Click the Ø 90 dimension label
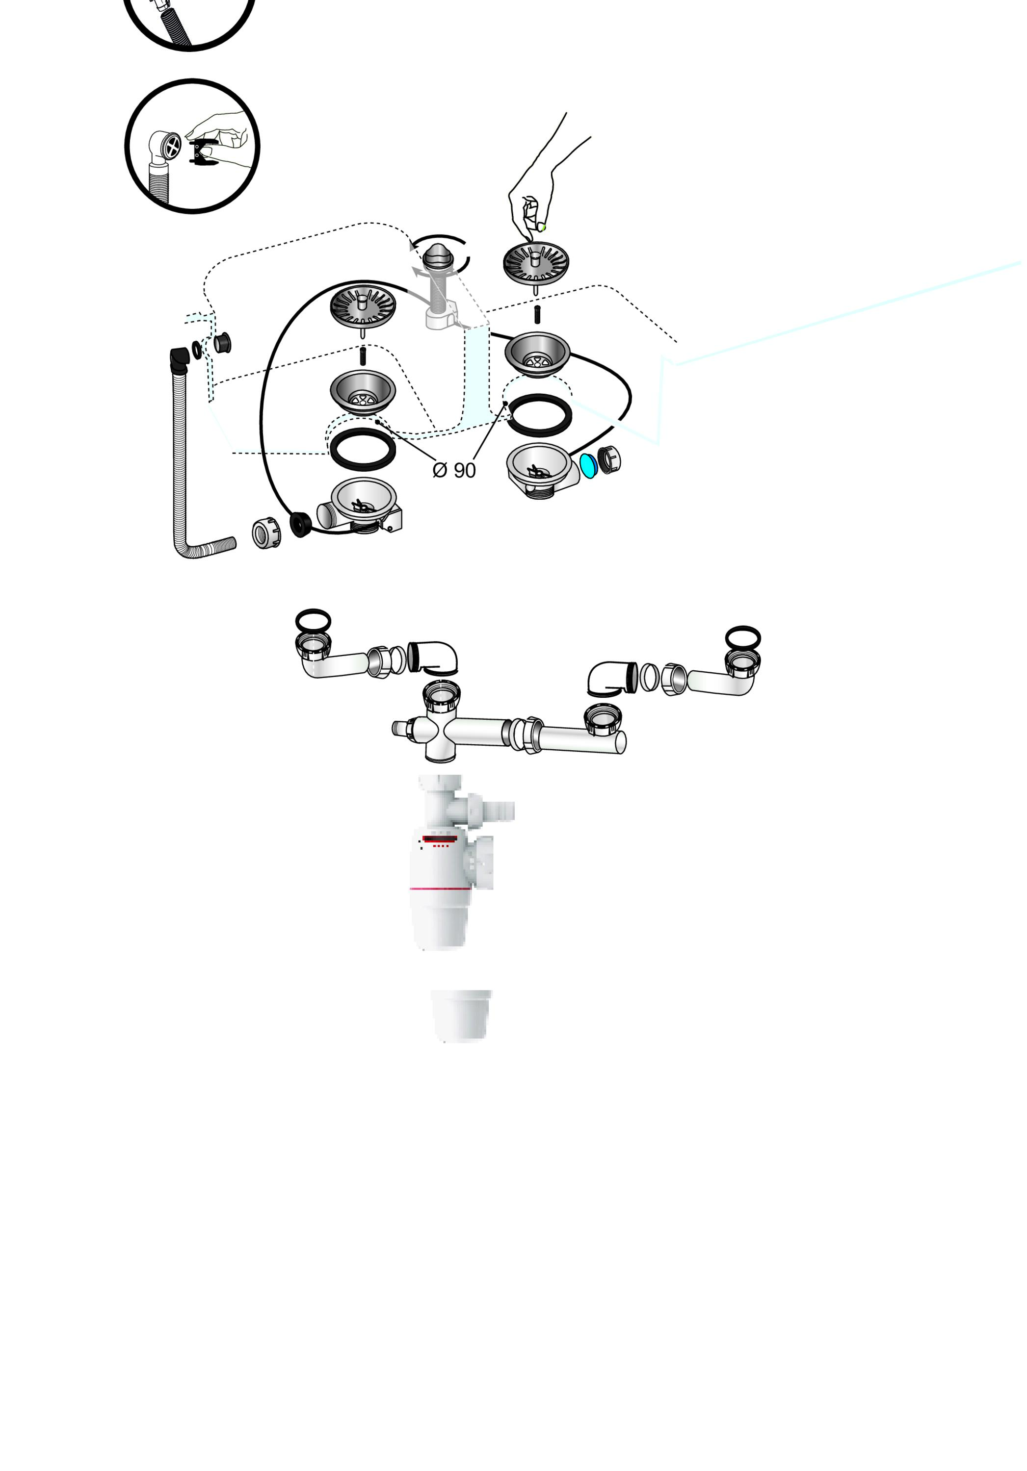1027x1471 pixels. click(x=454, y=470)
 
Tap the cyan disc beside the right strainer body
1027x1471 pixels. click(x=588, y=466)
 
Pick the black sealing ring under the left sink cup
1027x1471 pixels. click(x=363, y=449)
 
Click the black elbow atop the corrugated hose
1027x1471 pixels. click(x=180, y=359)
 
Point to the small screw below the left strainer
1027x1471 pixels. click(x=363, y=355)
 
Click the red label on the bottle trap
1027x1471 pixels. click(x=440, y=838)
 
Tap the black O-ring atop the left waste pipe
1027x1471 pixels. click(x=314, y=621)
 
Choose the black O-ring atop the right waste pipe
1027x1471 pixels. click(x=743, y=638)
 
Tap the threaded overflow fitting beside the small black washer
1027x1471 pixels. click(x=222, y=343)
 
